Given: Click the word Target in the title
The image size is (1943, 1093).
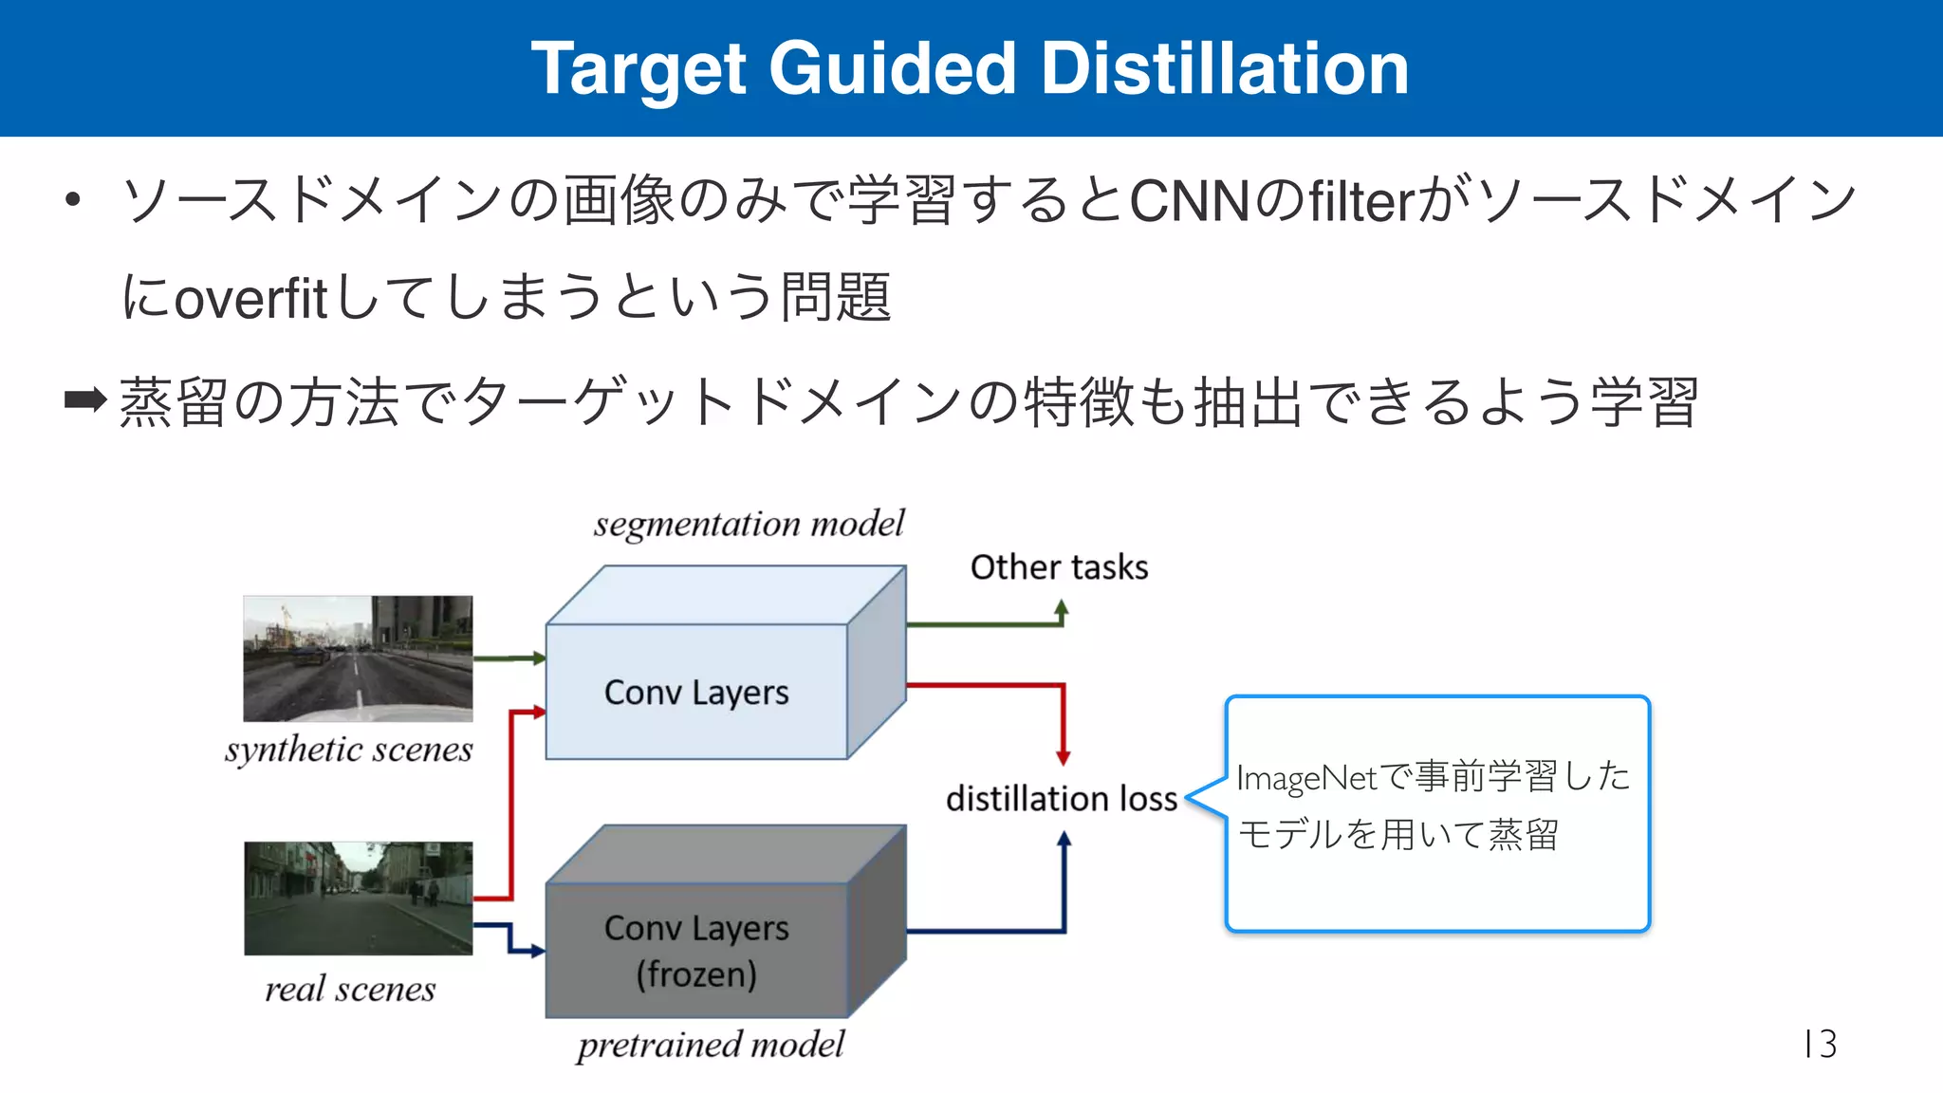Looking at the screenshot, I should (x=638, y=70).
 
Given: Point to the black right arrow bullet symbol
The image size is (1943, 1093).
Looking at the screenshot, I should (x=85, y=399).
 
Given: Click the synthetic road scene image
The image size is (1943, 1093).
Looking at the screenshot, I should (x=358, y=658).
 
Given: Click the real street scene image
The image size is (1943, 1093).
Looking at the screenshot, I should (x=358, y=898).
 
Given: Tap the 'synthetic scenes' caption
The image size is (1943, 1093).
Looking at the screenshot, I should (x=348, y=750).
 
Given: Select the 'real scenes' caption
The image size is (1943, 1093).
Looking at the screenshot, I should (x=350, y=990).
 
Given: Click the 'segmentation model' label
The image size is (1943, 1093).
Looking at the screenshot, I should (x=749, y=524).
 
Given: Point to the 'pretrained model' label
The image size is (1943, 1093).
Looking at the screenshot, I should (x=711, y=1045).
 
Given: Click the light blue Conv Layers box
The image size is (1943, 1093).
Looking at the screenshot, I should (x=696, y=692).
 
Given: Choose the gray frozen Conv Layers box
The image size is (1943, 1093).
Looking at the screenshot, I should (x=696, y=950).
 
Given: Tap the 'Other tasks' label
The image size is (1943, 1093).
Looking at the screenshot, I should (x=1059, y=567).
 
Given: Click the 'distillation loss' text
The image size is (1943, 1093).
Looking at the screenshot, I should (x=1062, y=799).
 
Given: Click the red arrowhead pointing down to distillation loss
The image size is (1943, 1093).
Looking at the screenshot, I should (x=1064, y=758).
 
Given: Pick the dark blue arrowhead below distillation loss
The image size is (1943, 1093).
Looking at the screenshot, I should (x=1064, y=839).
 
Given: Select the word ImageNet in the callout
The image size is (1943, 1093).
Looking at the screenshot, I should (x=1305, y=778).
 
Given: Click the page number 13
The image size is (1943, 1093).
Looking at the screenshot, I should (x=1820, y=1044).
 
